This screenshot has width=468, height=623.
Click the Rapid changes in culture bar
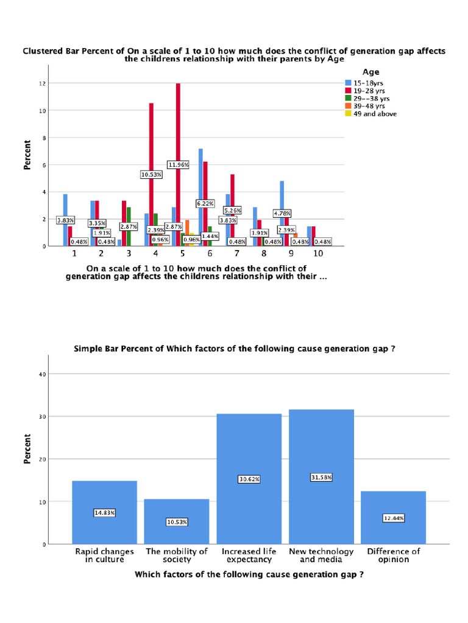(104, 512)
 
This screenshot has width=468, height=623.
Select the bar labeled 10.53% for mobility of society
(177, 521)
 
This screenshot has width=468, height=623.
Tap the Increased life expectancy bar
(249, 479)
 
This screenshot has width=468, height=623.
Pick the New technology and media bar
(321, 477)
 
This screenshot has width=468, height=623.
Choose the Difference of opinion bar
(393, 517)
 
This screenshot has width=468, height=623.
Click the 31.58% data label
(321, 477)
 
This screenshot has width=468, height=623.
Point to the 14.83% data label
(104, 512)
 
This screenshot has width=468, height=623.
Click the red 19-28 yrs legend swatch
(348, 91)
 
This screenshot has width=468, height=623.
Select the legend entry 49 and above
(371, 114)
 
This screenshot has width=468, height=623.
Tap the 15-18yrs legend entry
(364, 83)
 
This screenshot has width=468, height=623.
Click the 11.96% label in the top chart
(178, 164)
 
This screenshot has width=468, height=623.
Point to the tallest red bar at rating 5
(178, 164)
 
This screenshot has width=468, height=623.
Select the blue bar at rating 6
(200, 198)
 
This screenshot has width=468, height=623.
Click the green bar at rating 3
(129, 226)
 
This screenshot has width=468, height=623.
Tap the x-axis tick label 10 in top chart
(318, 254)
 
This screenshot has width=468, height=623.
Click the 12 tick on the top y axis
(42, 83)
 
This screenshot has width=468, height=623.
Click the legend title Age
(370, 72)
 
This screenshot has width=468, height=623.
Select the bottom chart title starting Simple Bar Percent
(235, 349)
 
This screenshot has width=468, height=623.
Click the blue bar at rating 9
(282, 214)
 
